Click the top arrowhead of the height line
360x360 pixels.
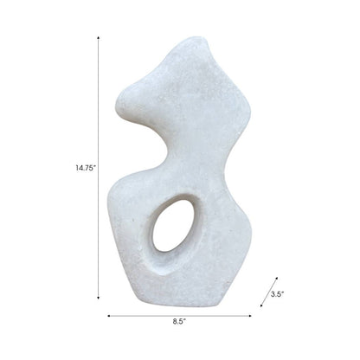tap(98, 37)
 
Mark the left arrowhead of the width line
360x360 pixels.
tap(109, 315)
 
